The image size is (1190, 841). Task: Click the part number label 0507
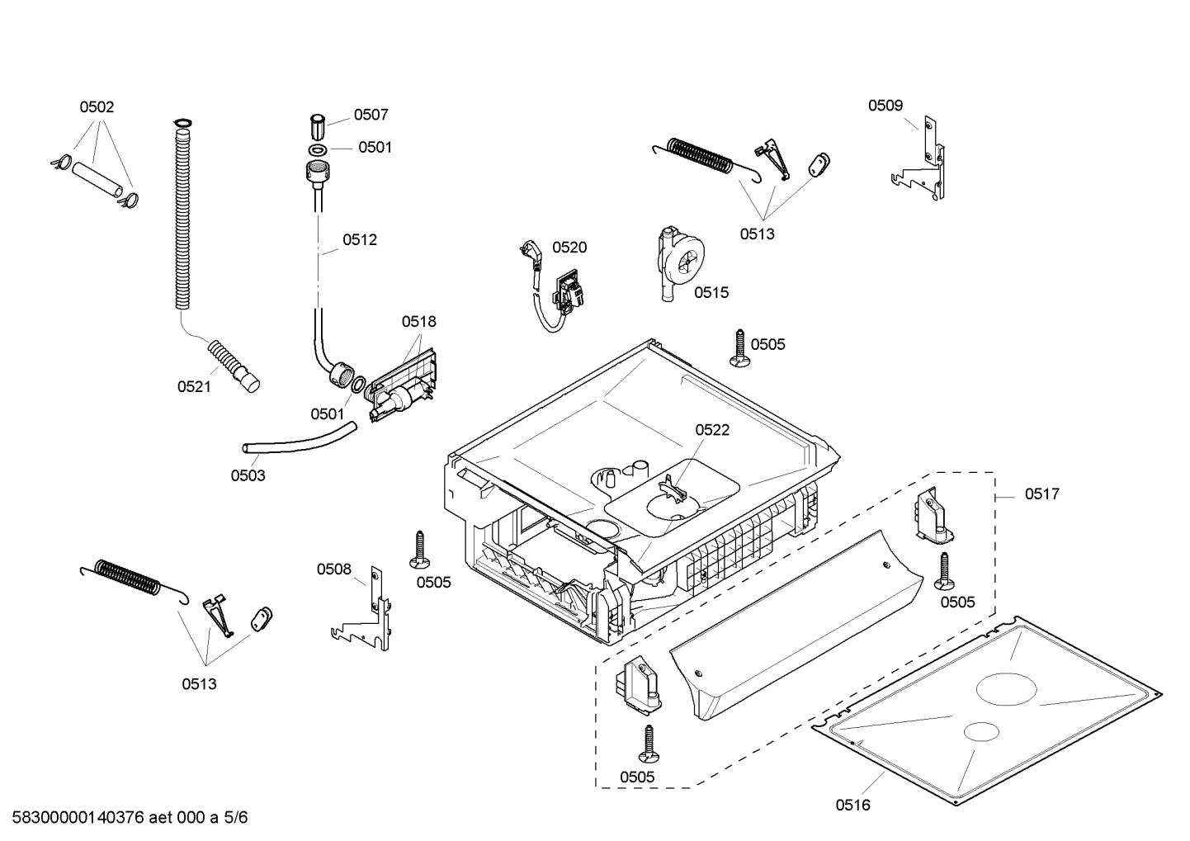[x=371, y=115]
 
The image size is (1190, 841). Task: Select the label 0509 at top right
[x=885, y=105]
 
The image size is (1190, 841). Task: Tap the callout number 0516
[x=852, y=805]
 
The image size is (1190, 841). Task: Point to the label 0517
[x=1041, y=494]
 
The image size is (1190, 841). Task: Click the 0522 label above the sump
[x=711, y=430]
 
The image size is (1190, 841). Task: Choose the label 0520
[x=569, y=247]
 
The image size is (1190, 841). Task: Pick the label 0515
[x=711, y=292]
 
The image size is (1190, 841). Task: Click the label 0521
[x=194, y=386]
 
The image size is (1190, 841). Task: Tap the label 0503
[x=248, y=475]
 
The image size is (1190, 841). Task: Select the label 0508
[x=334, y=569]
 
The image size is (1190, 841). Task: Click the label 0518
[x=418, y=321]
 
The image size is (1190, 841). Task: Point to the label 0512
[x=360, y=240]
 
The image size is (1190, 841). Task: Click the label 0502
[x=97, y=106]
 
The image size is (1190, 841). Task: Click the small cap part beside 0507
[x=316, y=128]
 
